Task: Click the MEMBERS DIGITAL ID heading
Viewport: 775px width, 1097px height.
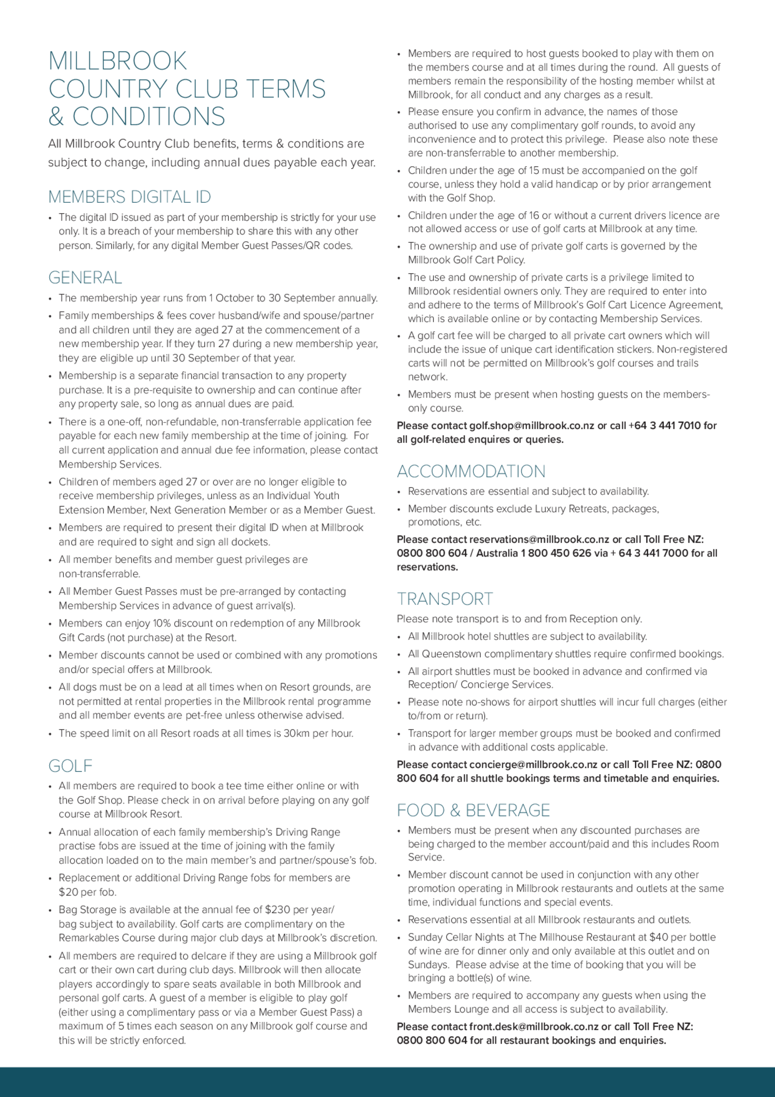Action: (129, 197)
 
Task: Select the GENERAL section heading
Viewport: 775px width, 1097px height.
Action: (85, 278)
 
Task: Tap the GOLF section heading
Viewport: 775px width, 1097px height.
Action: (70, 766)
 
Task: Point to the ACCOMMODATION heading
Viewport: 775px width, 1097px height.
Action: (471, 472)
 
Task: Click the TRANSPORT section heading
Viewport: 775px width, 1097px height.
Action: (444, 599)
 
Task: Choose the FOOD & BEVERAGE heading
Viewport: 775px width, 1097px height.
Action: (473, 810)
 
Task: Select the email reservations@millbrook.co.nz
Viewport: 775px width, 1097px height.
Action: (539, 539)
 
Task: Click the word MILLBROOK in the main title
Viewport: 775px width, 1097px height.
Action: (117, 61)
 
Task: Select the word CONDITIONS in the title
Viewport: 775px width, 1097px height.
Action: (148, 117)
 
